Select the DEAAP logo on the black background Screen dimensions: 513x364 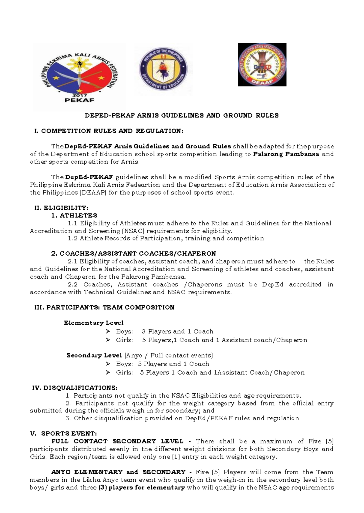click(x=262, y=65)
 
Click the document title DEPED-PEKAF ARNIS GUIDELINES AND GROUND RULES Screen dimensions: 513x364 click(x=181, y=115)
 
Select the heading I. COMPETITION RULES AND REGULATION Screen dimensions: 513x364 click(x=109, y=131)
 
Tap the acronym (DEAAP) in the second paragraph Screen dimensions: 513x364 click(x=93, y=193)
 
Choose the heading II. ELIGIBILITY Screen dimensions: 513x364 click(x=62, y=208)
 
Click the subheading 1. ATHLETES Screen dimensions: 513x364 click(x=74, y=216)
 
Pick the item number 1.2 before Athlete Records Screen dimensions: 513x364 click(x=73, y=238)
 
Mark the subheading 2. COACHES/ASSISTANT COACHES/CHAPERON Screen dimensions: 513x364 click(x=133, y=253)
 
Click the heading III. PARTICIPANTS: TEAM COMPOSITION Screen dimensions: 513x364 click(x=105, y=307)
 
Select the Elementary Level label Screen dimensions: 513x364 click(x=94, y=323)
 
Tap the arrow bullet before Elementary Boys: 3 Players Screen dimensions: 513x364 click(x=108, y=332)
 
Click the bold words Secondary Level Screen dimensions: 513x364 click(x=94, y=355)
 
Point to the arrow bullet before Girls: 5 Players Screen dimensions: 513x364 click(x=108, y=372)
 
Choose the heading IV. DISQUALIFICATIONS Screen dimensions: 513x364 click(x=75, y=388)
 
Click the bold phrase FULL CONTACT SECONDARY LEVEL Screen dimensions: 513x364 click(x=117, y=442)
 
